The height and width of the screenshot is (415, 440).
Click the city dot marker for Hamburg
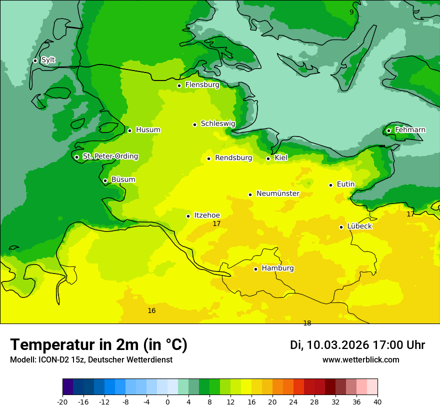[255, 269]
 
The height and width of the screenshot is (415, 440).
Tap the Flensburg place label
[202, 85]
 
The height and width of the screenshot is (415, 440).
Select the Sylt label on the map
[48, 60]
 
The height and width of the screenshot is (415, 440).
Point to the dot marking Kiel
[268, 158]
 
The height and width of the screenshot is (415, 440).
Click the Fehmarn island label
[410, 130]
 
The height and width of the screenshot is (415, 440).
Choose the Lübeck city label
[359, 226]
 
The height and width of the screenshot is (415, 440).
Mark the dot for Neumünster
[250, 194]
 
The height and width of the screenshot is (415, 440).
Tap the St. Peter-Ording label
[110, 156]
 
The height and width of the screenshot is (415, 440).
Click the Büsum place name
[123, 180]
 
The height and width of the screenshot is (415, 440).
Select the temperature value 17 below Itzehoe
[216, 224]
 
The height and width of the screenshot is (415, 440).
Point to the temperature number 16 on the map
[151, 311]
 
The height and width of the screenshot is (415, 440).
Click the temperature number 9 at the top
[351, 12]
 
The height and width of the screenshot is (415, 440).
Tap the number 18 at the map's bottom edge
[307, 323]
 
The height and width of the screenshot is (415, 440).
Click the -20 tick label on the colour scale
[62, 402]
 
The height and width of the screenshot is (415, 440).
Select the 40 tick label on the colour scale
[377, 402]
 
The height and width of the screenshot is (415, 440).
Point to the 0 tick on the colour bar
[167, 402]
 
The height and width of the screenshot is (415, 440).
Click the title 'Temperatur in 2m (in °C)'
[98, 344]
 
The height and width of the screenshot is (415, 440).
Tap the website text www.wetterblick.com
[360, 360]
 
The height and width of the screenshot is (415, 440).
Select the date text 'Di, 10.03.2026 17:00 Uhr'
[357, 345]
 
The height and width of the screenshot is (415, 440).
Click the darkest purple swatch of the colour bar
[68, 387]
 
